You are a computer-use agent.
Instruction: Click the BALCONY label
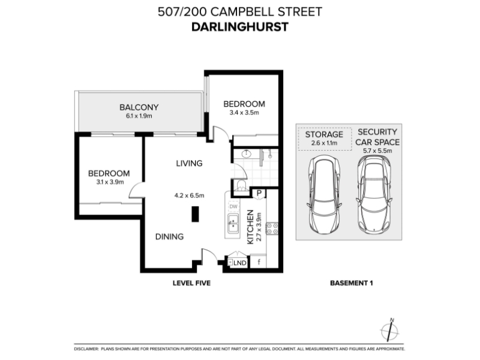click(x=139, y=107)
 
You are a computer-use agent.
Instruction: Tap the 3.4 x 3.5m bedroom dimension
click(x=244, y=113)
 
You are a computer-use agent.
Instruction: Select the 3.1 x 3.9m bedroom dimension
click(x=110, y=182)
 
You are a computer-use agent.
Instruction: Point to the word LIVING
click(x=189, y=163)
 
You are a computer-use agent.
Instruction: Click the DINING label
click(x=169, y=236)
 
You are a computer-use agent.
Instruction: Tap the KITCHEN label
click(x=250, y=227)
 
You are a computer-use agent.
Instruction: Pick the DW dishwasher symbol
click(x=233, y=206)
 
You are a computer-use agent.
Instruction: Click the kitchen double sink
click(x=233, y=224)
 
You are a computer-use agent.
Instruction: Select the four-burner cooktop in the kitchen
click(x=272, y=229)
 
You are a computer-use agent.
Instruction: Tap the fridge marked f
click(x=259, y=262)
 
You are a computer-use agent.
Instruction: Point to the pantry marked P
click(x=259, y=193)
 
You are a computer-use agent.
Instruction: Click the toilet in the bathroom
click(x=242, y=186)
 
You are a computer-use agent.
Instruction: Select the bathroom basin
click(x=246, y=154)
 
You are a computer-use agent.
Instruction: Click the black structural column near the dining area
click(x=195, y=214)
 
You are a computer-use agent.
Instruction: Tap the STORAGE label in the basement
click(x=324, y=134)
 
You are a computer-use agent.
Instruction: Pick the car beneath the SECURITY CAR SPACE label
click(x=374, y=194)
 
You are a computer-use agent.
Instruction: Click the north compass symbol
click(x=389, y=331)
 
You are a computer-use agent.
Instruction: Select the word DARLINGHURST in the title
click(x=240, y=27)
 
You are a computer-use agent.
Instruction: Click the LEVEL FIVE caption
click(x=191, y=283)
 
